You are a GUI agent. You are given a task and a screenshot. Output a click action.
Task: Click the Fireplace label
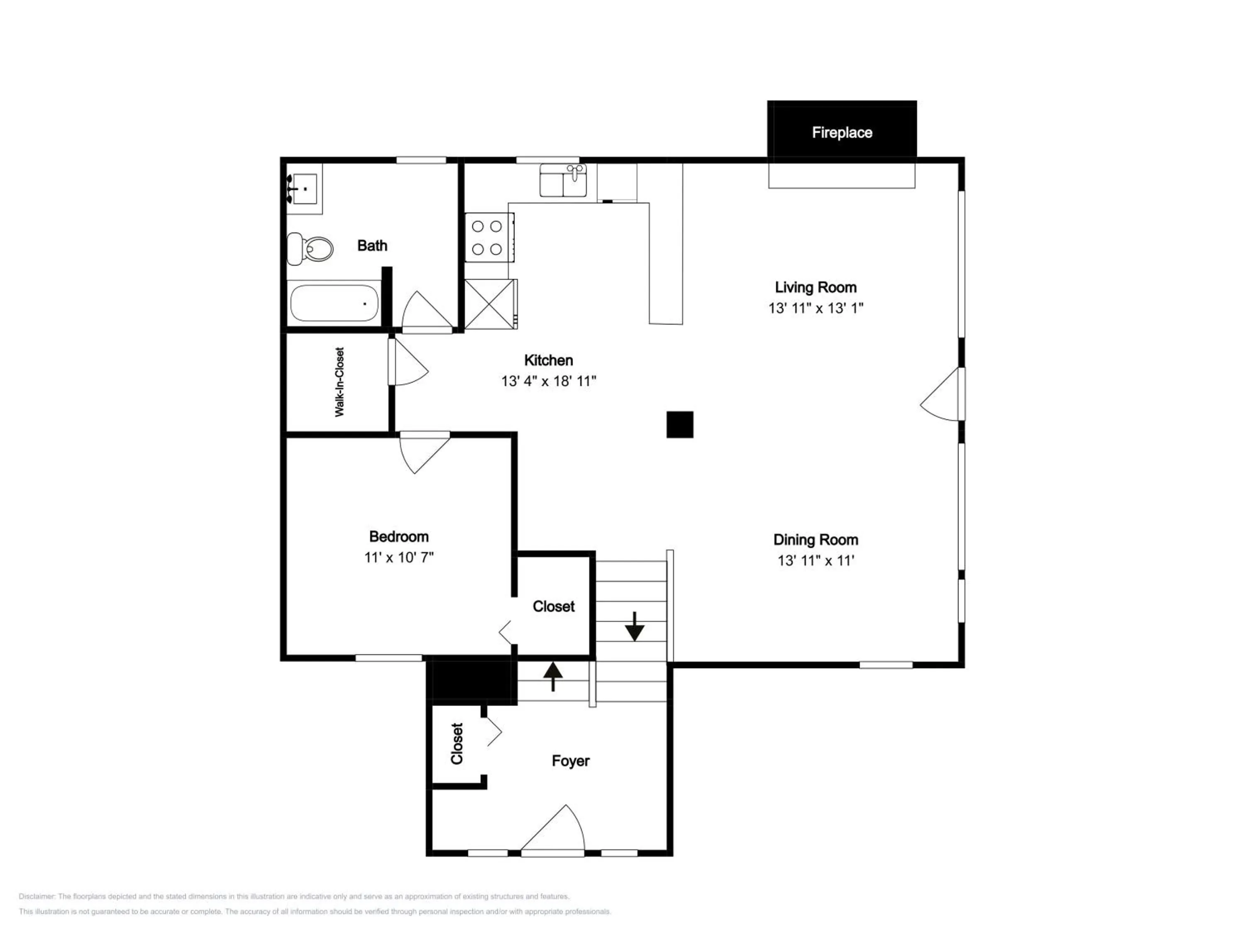tap(842, 133)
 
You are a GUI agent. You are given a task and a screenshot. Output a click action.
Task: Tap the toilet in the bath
tap(310, 248)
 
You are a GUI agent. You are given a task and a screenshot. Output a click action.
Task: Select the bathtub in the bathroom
tap(334, 303)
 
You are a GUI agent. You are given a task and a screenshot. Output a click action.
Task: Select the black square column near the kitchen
tap(680, 425)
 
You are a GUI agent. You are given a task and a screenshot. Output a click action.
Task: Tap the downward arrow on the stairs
tap(635, 626)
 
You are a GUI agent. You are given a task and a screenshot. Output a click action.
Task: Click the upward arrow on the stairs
tap(553, 676)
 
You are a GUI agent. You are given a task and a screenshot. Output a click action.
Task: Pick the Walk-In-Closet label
tap(339, 382)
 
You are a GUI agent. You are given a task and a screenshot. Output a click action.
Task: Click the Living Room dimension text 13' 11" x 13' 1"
tap(815, 308)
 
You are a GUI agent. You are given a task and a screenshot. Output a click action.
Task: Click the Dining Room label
tap(815, 540)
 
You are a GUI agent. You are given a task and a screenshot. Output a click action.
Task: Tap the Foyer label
tap(571, 761)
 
